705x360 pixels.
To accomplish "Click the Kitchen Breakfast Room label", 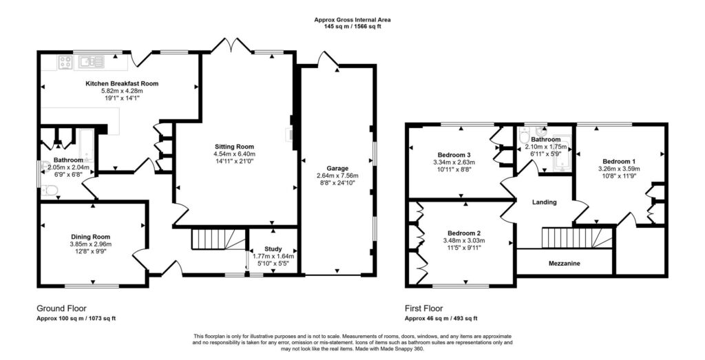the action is [122, 83].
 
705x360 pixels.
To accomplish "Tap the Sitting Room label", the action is [234, 147].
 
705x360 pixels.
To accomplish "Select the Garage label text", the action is [337, 169].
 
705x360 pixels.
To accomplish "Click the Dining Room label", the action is [90, 237].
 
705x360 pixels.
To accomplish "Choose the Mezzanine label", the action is [565, 264].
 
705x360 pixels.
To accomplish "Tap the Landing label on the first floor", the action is [545, 202].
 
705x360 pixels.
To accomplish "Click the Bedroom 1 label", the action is [619, 161].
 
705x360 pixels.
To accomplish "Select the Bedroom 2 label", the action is [464, 233].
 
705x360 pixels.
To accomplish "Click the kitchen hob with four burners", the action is [65, 62].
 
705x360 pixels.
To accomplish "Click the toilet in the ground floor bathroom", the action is [50, 191].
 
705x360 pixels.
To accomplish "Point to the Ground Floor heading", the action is [61, 308].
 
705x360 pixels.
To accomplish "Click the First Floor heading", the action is [424, 308].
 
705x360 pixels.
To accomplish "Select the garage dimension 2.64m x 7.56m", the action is [337, 176].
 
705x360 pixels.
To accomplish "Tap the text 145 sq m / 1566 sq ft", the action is [352, 27].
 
